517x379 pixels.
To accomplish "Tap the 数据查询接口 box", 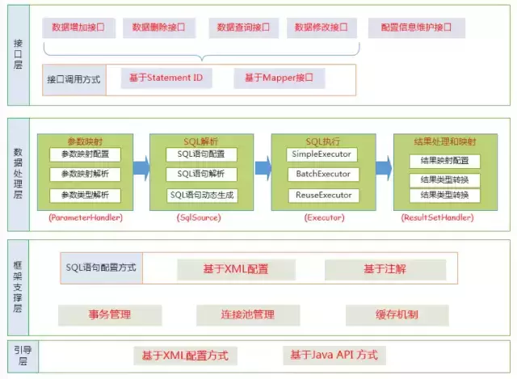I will click(242, 27).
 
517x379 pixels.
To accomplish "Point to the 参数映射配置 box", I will click(85, 154).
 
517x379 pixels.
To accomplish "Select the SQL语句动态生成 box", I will click(201, 195).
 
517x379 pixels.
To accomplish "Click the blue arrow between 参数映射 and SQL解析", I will click(141, 170).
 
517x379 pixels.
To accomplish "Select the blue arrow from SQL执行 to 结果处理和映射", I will click(383, 170).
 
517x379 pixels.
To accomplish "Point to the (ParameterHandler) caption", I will click(85, 218).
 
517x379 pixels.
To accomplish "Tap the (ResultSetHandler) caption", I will click(436, 218).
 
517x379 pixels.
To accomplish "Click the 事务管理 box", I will click(110, 314).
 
